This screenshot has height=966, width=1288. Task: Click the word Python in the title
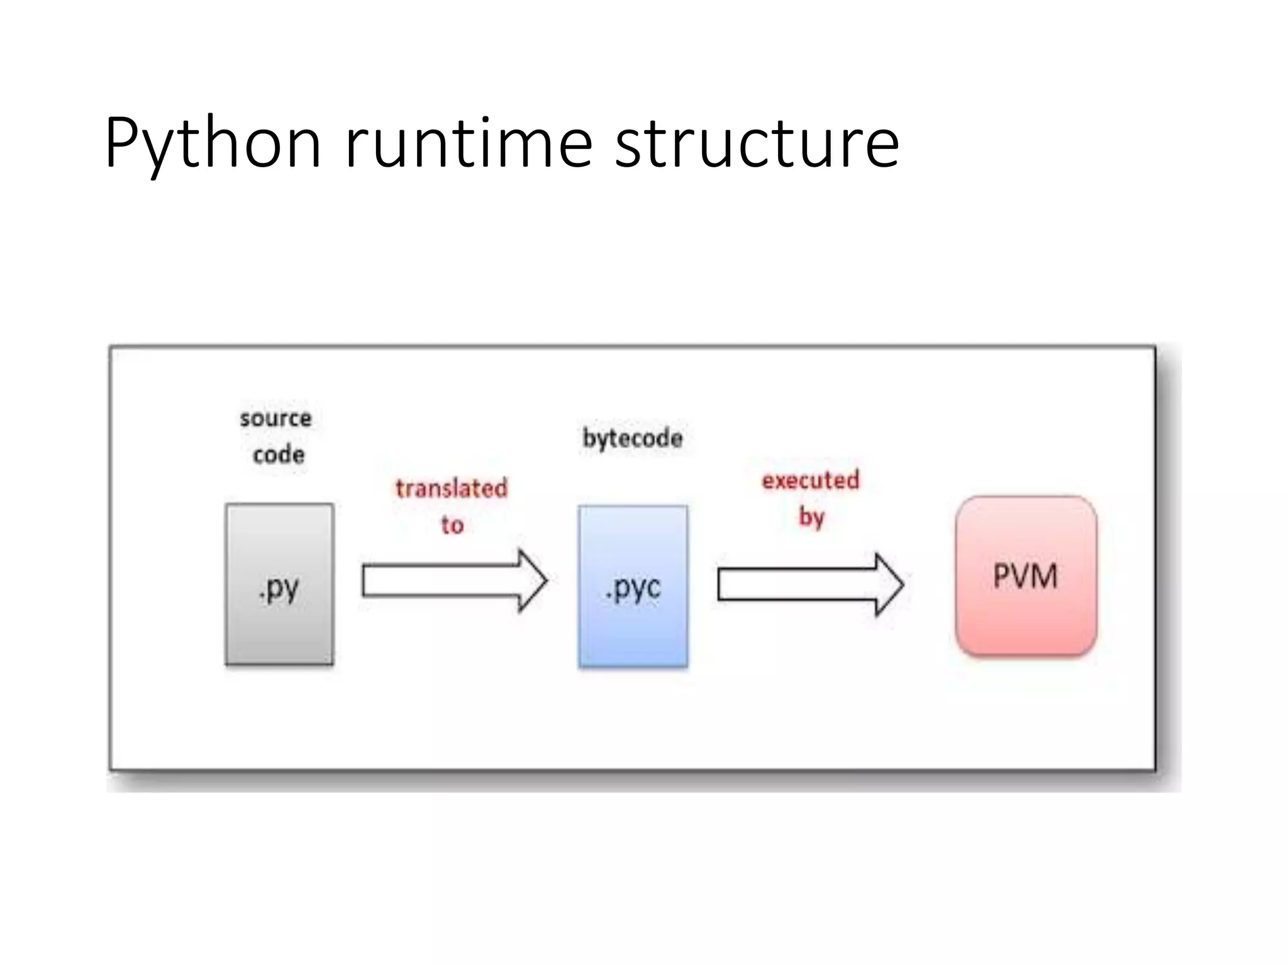click(213, 143)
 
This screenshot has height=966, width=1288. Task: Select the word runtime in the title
click(469, 143)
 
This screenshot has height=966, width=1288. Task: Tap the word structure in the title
click(757, 143)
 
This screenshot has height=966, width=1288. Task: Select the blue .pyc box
click(633, 629)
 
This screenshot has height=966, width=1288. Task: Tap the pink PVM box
click(1026, 616)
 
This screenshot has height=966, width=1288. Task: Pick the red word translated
click(452, 489)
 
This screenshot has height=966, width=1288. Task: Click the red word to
click(452, 525)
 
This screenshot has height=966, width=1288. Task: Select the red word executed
click(811, 480)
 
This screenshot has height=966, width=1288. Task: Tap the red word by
click(811, 518)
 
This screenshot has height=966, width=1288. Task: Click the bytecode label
click(633, 438)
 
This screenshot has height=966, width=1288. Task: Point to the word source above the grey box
click(275, 418)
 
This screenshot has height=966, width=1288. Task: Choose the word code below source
click(279, 455)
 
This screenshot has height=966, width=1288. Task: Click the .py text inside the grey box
click(279, 589)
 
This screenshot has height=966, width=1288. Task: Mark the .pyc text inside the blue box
click(633, 589)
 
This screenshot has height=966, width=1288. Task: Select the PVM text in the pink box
click(1025, 576)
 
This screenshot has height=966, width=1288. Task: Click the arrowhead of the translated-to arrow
click(532, 580)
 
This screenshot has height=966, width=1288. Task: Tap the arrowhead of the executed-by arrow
click(889, 584)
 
